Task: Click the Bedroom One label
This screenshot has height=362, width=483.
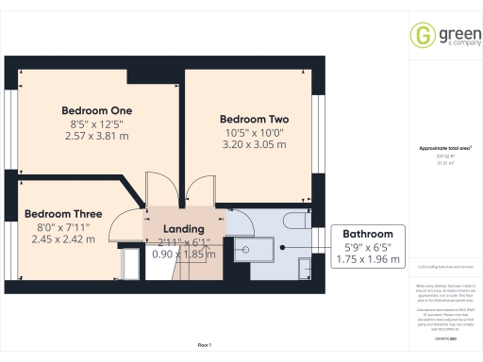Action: pyautogui.click(x=96, y=110)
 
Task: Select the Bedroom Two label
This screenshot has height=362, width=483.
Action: pyautogui.click(x=255, y=120)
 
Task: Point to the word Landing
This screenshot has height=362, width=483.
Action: pyautogui.click(x=184, y=229)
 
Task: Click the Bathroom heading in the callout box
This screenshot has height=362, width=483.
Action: pyautogui.click(x=368, y=233)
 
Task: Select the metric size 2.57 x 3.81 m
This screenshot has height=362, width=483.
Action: pyautogui.click(x=96, y=137)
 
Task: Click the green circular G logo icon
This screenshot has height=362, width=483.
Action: pyautogui.click(x=421, y=36)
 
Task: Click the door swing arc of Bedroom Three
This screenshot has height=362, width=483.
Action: pyautogui.click(x=123, y=226)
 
